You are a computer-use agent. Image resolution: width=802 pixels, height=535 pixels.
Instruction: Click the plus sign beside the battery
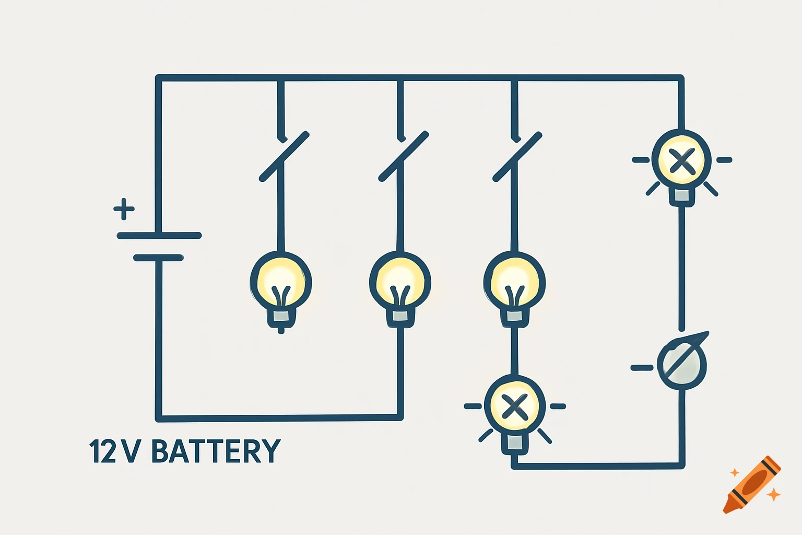pyautogui.click(x=124, y=209)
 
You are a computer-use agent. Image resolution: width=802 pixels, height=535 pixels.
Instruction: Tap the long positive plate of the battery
pyautogui.click(x=159, y=236)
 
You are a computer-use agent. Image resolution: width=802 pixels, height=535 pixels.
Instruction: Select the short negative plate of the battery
pyautogui.click(x=158, y=258)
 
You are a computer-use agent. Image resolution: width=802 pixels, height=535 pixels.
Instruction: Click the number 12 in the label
pyautogui.click(x=103, y=451)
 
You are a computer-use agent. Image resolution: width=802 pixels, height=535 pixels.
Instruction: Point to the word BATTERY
pyautogui.click(x=216, y=451)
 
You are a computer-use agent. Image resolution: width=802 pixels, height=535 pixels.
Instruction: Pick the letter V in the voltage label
pyautogui.click(x=131, y=451)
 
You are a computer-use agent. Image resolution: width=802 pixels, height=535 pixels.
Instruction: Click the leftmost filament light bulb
pyautogui.click(x=281, y=285)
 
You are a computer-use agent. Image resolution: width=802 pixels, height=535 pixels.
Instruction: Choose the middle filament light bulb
pyautogui.click(x=400, y=285)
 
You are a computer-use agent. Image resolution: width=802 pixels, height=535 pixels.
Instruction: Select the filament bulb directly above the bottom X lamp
pyautogui.click(x=514, y=285)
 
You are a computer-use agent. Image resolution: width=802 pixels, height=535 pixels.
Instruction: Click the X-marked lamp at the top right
pyautogui.click(x=681, y=161)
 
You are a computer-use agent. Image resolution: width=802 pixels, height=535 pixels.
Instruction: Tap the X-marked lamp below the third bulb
pyautogui.click(x=514, y=406)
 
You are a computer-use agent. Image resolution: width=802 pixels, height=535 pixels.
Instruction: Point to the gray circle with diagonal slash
pyautogui.click(x=682, y=364)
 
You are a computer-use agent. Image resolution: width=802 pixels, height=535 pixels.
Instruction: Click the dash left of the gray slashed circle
pyautogui.click(x=642, y=368)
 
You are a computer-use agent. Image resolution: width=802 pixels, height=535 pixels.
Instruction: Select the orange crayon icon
pyautogui.click(x=752, y=484)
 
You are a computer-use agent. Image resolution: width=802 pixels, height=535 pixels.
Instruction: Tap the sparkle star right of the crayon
pyautogui.click(x=773, y=494)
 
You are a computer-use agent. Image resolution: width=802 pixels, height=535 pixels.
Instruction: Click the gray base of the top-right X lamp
pyautogui.click(x=681, y=195)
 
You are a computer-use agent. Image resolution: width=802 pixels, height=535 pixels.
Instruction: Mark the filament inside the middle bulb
pyautogui.click(x=400, y=296)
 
